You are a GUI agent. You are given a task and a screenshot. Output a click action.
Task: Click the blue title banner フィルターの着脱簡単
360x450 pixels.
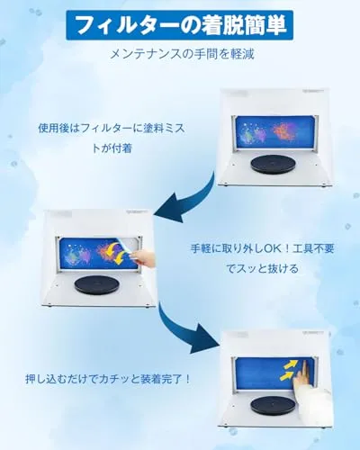point(179,25)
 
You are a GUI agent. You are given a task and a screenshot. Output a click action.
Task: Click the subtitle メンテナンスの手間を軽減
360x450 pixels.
point(182,54)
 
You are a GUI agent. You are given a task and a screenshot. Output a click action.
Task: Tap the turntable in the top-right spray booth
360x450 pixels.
point(274,165)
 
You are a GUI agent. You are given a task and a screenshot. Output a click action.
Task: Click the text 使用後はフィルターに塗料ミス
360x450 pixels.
point(112,129)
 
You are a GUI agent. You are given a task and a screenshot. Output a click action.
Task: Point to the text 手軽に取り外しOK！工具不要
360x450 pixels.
point(263,248)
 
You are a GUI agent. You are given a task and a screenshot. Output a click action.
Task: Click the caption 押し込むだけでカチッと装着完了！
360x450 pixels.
point(108,380)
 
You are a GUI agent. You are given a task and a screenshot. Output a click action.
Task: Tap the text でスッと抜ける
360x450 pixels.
point(263,268)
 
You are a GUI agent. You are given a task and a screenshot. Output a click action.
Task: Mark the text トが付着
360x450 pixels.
point(112,148)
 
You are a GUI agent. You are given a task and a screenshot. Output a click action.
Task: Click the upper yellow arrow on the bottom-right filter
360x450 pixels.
point(291,364)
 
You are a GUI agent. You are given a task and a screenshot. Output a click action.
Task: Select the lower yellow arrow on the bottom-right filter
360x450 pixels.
point(287,376)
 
